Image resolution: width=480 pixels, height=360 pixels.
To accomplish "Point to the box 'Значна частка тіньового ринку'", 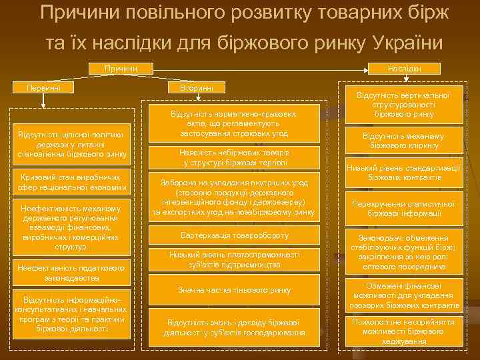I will click(x=234, y=289).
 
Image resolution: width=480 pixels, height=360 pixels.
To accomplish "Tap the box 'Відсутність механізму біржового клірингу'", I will click(x=403, y=141).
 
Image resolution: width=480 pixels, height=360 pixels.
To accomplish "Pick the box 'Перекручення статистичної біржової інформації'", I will click(x=403, y=208).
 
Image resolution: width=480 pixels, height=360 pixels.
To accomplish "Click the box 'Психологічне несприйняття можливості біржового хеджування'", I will click(x=403, y=331).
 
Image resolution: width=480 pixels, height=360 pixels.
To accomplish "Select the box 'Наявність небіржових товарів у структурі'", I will click(x=234, y=157).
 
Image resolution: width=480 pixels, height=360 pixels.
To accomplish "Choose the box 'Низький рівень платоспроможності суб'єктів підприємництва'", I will click(x=234, y=259).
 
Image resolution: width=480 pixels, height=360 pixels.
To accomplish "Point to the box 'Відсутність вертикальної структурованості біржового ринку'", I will click(x=403, y=105).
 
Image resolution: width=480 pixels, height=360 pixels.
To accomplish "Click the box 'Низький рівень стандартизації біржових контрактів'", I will click(x=403, y=172).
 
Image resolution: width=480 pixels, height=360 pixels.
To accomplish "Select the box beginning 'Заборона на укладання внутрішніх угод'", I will click(x=234, y=197).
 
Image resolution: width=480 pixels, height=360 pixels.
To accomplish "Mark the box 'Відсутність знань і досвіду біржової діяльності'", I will click(x=234, y=327).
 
